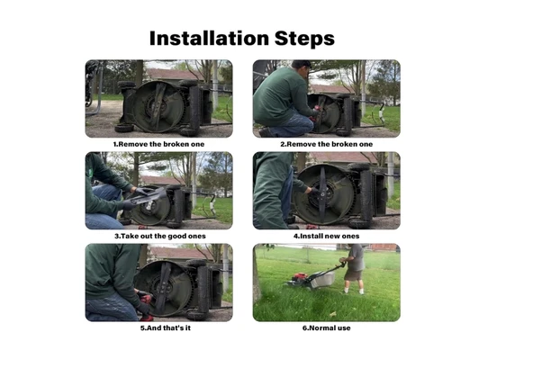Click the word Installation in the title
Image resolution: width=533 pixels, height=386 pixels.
click(209, 38)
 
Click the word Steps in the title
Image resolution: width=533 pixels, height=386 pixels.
click(304, 39)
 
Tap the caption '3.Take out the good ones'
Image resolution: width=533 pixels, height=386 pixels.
click(159, 236)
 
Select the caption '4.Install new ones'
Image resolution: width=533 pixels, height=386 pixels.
click(326, 236)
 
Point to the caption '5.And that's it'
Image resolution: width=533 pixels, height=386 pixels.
click(165, 328)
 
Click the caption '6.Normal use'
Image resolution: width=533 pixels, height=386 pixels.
click(326, 328)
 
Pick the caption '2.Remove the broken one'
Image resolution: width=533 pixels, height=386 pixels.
click(326, 144)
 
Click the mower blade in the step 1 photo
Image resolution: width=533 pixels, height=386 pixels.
click(157, 106)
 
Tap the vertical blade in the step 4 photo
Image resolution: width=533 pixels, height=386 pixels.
click(322, 194)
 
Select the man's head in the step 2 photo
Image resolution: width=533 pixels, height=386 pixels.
click(302, 67)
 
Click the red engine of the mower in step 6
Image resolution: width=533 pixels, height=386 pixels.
click(300, 276)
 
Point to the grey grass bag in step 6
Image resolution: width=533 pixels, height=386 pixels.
click(322, 280)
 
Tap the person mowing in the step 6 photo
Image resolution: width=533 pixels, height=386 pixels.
click(354, 268)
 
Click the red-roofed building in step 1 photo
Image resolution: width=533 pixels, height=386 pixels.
click(175, 75)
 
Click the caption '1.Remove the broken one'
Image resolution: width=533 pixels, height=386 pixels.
click(158, 144)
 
